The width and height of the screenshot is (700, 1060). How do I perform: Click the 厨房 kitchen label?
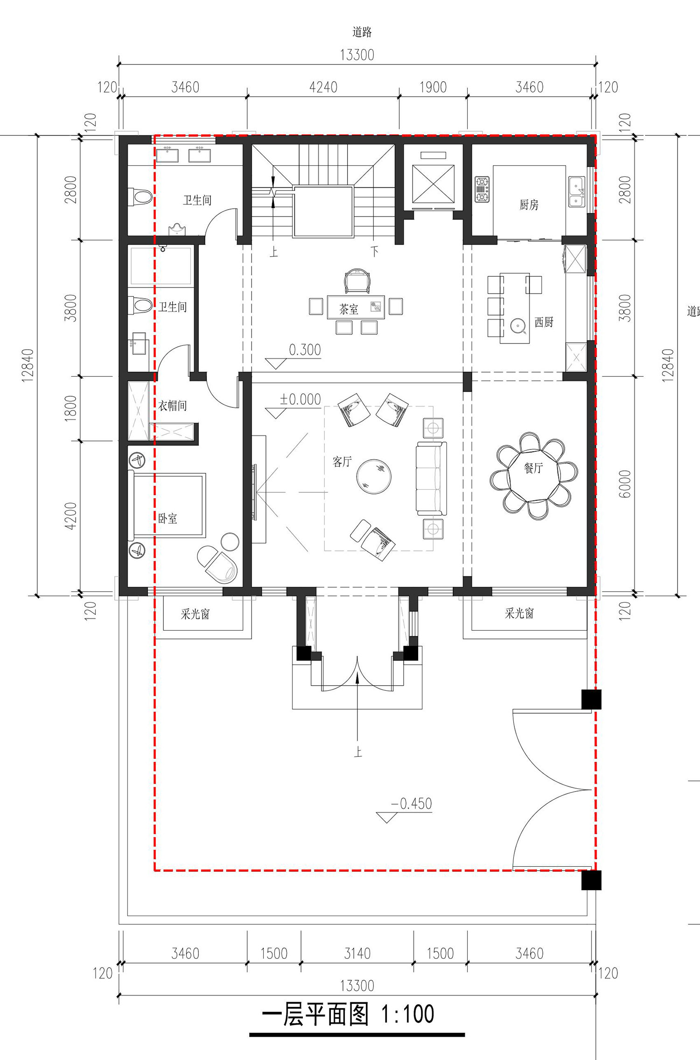529,204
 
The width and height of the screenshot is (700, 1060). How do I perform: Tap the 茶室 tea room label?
349,309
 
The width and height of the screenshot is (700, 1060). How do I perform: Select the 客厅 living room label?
342,462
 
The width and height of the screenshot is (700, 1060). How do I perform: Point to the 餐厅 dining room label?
533,468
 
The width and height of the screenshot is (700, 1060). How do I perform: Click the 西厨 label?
544,322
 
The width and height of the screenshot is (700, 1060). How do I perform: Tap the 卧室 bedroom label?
168,518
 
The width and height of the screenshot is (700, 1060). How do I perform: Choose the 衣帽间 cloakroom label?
173,406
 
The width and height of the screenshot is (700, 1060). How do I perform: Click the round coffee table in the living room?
374,476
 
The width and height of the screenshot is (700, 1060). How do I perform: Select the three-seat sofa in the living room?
431,478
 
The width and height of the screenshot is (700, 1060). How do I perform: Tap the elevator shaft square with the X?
434,183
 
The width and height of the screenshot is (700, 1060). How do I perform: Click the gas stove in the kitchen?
482,189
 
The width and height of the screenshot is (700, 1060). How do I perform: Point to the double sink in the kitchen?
576,191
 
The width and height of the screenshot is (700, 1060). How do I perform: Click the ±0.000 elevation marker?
300,400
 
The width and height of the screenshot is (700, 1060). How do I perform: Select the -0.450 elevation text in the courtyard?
411,804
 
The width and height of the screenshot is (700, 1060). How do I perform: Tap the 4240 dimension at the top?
323,87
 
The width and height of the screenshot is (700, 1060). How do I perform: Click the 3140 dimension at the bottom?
357,954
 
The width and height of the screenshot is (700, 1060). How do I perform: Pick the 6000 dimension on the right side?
625,484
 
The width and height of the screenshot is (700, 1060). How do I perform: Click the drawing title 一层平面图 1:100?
348,1015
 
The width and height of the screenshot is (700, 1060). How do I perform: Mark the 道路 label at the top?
362,32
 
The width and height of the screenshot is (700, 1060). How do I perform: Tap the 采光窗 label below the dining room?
519,613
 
